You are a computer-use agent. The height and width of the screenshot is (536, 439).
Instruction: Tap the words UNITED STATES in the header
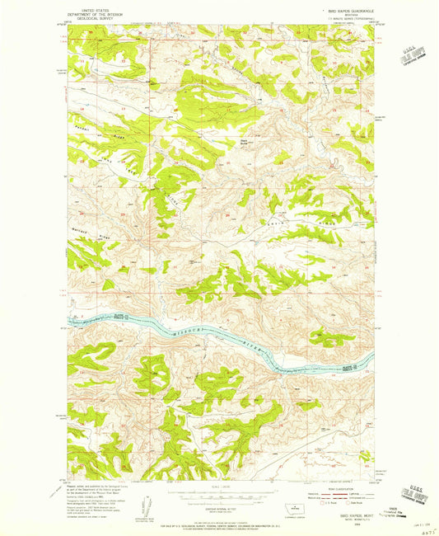[x=92, y=7]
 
